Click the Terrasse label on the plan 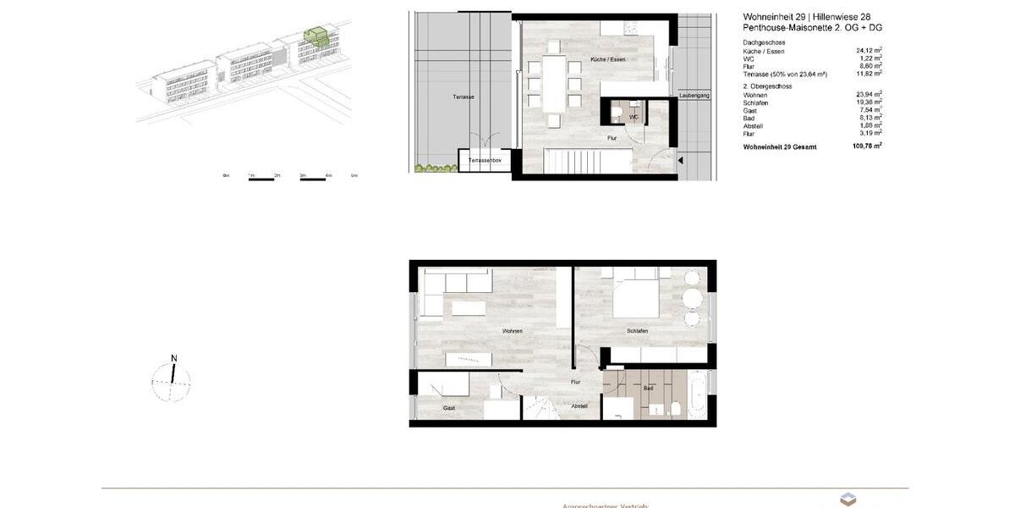point(463,97)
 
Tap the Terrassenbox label point(486,160)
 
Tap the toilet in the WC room point(617,112)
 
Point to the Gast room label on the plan point(448,408)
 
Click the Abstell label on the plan point(579,406)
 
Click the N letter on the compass point(173,358)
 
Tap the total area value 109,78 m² point(866,146)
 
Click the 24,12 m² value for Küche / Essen point(870,51)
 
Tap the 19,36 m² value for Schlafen point(870,102)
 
